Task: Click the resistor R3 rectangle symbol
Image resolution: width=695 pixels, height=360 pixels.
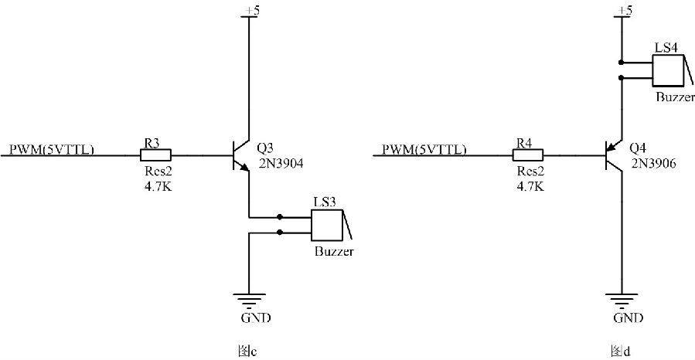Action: tap(155, 155)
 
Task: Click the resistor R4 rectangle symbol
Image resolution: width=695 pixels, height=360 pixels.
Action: tap(528, 155)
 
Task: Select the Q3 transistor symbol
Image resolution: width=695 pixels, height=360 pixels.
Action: tap(241, 156)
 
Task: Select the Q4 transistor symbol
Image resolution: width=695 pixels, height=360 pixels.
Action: tap(614, 156)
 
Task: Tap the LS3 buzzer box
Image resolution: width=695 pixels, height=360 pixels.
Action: tap(327, 225)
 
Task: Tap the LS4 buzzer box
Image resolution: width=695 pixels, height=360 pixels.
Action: tap(669, 70)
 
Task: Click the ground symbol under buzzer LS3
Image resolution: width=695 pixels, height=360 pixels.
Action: tap(249, 301)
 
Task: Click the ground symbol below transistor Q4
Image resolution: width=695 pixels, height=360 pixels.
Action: tap(622, 301)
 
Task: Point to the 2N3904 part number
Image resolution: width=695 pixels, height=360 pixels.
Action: tap(281, 164)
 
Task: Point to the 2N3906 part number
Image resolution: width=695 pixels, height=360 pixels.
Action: tap(654, 164)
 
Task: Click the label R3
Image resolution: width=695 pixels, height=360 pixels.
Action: tap(152, 143)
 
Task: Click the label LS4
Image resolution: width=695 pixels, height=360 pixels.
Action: tap(666, 48)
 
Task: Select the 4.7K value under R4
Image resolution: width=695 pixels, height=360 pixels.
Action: tap(530, 186)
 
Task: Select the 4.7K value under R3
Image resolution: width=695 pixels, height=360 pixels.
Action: tap(158, 186)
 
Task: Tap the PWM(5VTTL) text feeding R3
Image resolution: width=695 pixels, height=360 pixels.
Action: tap(52, 150)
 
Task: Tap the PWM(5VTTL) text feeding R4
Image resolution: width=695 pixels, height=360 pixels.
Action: tap(424, 150)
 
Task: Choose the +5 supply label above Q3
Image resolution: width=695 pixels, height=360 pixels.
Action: tap(252, 11)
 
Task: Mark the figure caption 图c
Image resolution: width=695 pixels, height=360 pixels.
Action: tap(247, 352)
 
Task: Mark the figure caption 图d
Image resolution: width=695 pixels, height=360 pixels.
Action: tap(621, 352)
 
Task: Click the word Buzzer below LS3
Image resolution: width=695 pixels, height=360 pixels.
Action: tap(334, 252)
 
